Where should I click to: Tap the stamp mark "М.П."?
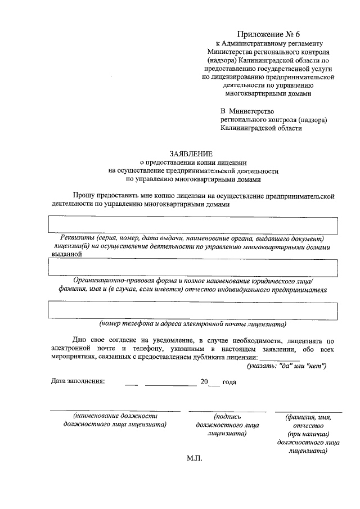point(194,458)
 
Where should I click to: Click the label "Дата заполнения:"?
point(78,382)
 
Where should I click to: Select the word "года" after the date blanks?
point(229,382)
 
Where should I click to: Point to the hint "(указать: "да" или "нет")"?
point(287,366)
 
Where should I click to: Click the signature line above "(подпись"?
point(227,411)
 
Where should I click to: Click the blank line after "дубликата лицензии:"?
point(280,359)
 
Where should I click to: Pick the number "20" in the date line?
point(204,382)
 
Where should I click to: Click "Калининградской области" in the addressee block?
point(261,128)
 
